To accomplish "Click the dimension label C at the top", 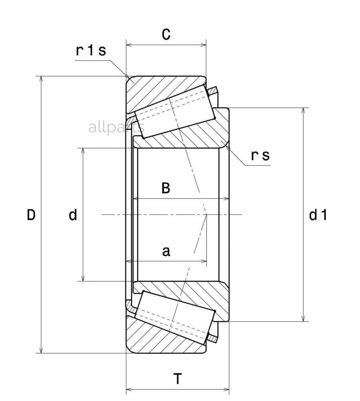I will (166, 35).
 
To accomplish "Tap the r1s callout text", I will (91, 51).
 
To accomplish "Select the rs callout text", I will (260, 156).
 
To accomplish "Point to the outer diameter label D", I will (31, 215).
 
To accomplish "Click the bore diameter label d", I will (73, 215).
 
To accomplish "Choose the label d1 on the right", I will (318, 215).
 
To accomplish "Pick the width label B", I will (166, 188).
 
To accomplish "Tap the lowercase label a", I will (166, 251).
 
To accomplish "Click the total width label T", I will (178, 378).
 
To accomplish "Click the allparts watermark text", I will (116, 128).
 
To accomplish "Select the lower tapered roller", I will (174, 316).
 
